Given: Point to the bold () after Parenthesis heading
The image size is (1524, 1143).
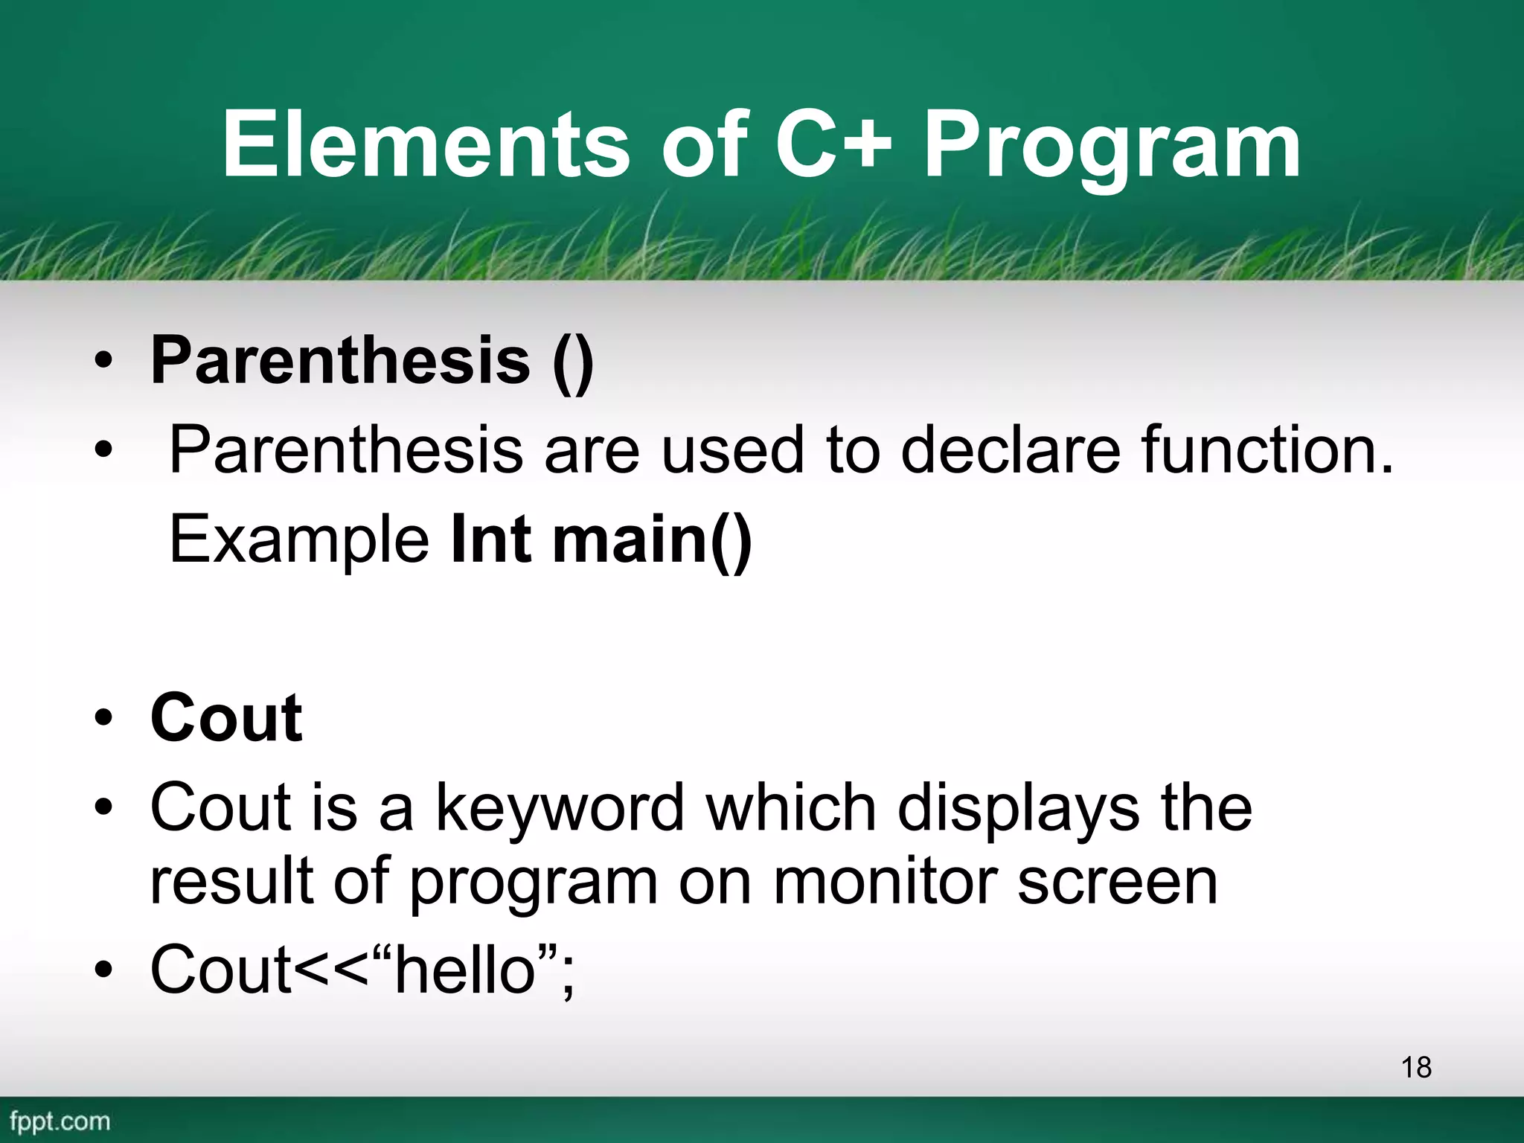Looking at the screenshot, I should coord(573,362).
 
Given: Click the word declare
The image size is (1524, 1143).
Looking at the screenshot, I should coord(1010,449).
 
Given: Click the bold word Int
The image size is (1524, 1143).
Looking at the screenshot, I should coord(492,539).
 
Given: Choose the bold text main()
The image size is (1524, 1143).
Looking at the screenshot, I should coord(652,540).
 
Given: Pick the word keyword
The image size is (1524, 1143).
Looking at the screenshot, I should coord(559,810).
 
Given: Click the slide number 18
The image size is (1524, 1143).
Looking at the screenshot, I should coord(1415,1067).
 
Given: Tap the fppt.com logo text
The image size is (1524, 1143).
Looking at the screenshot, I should coord(60,1121).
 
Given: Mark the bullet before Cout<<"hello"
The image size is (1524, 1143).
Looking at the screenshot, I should coord(103,971).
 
